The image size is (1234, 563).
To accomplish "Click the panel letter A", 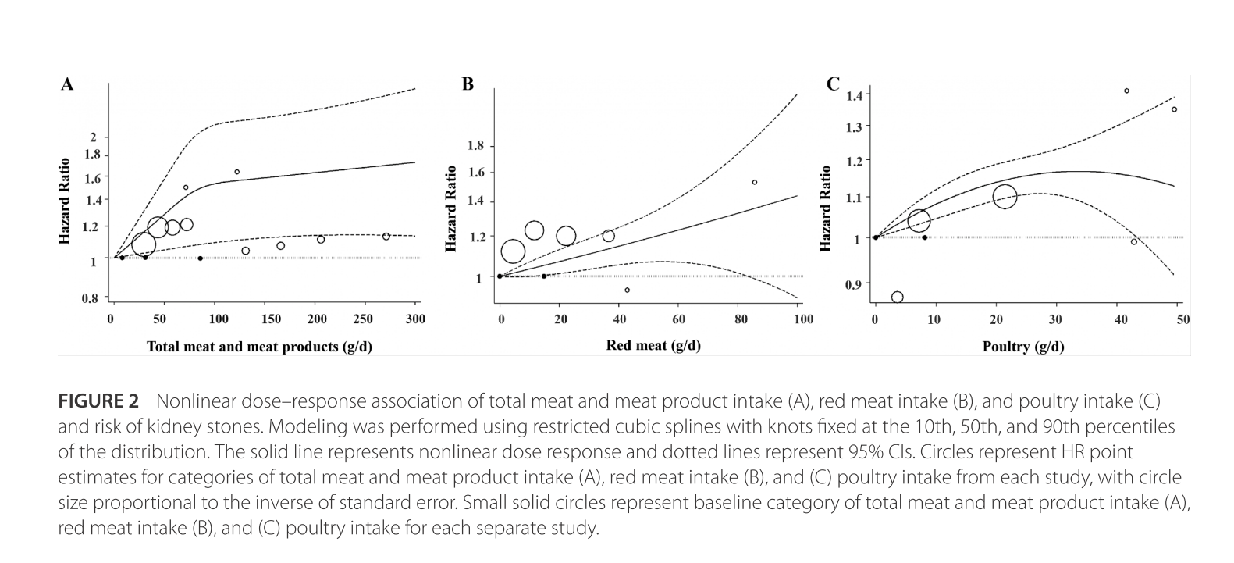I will point(67,84).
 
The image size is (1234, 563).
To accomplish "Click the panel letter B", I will point(468,84).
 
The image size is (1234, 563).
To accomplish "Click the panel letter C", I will point(834,84).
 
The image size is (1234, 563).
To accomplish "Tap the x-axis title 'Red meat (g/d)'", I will point(653,345).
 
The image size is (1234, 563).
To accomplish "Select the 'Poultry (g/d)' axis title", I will point(1022,346).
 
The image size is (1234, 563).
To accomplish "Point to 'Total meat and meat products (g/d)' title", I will point(259,346).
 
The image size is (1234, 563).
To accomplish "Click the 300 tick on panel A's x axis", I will point(415,319).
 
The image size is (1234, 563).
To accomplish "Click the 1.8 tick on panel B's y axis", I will point(475,146).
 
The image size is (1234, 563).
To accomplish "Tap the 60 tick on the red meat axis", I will point(678,319).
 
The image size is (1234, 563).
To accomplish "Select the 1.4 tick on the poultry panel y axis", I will point(855,95).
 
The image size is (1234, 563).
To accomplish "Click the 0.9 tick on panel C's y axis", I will point(855,284).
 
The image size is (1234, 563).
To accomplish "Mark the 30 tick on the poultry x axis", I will point(1055,319).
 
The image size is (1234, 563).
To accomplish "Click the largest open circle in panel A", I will point(144,245).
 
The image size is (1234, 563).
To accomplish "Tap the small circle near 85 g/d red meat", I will point(755,182).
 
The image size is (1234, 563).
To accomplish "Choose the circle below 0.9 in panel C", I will point(898,298).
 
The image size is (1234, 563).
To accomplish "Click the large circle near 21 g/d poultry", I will point(1005,196).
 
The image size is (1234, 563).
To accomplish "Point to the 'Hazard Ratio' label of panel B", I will point(450,209).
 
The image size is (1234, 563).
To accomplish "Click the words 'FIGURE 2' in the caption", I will point(98,401).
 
